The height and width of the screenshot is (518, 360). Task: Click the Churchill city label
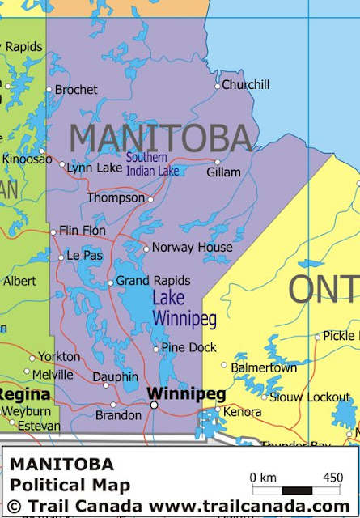click(x=246, y=84)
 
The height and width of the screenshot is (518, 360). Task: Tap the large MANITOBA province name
click(x=159, y=138)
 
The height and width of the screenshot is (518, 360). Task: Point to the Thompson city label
click(x=116, y=197)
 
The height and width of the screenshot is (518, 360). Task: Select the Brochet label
click(x=75, y=90)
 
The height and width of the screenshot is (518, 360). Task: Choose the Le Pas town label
click(x=84, y=256)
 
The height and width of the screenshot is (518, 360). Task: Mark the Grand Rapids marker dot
click(x=111, y=283)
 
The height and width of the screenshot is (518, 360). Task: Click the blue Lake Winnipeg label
click(x=184, y=308)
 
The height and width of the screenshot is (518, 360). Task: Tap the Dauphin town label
click(x=115, y=376)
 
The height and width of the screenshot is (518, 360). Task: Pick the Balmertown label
click(x=264, y=367)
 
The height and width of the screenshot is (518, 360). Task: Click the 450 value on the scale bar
click(x=332, y=478)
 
